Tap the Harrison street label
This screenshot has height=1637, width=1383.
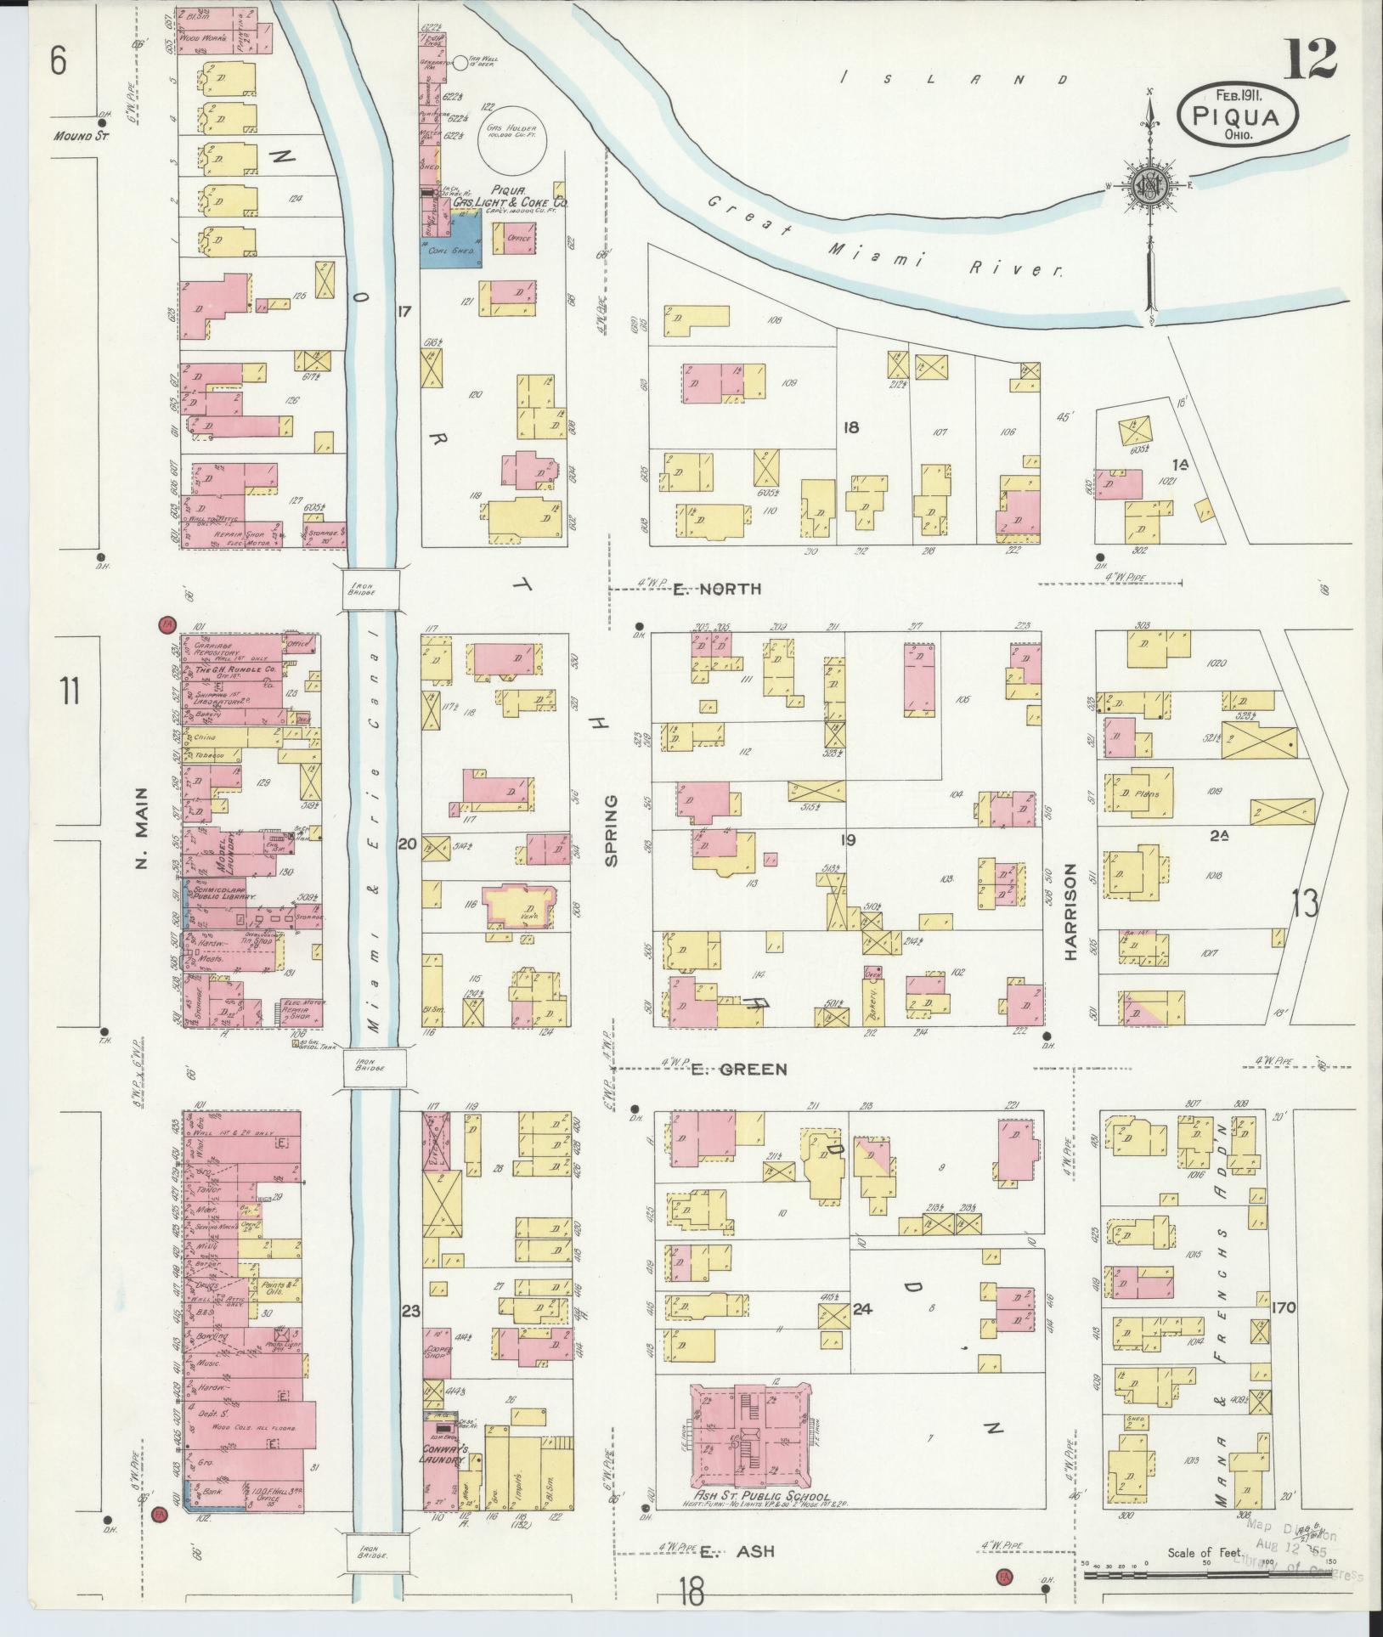[x=1070, y=912]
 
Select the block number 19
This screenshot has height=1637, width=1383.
[x=847, y=840]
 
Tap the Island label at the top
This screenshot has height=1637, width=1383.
[x=953, y=79]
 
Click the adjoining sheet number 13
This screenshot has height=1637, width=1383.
[x=1304, y=904]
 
